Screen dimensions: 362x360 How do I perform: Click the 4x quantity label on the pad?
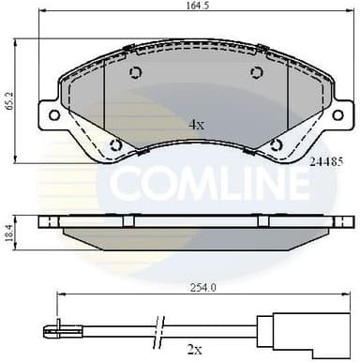196,123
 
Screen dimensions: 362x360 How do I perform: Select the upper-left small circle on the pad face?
134,74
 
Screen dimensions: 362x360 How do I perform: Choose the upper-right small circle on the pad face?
256,74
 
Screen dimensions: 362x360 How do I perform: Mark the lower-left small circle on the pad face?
115,144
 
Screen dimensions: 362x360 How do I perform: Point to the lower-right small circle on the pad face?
276,144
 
